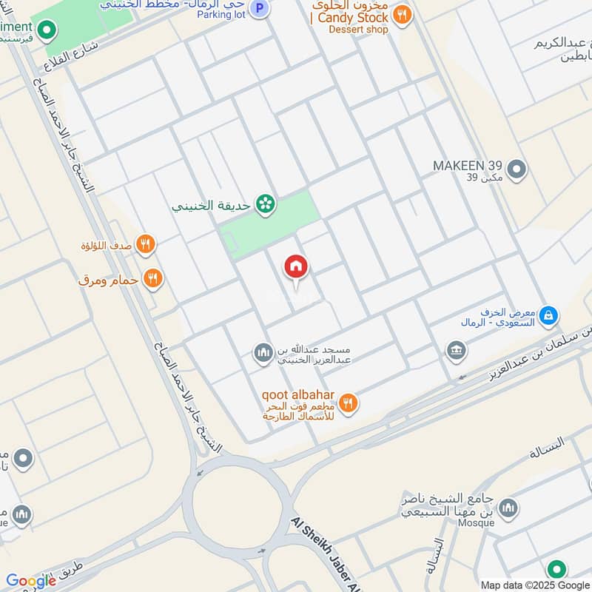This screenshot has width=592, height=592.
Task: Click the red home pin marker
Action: click(x=296, y=267)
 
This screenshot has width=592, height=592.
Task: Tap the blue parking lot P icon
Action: click(x=259, y=9)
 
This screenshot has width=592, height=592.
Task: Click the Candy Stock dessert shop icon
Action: click(x=402, y=16)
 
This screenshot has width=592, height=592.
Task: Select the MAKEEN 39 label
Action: click(x=468, y=164)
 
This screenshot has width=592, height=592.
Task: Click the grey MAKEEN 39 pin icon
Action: click(x=518, y=169)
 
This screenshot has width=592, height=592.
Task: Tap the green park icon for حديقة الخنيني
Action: click(x=265, y=205)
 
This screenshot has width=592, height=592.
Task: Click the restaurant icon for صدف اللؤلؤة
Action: click(x=146, y=243)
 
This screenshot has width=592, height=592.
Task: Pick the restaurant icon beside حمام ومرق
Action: click(x=154, y=279)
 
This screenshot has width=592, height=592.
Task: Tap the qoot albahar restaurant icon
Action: click(x=349, y=403)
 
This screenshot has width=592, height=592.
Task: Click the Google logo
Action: click(x=31, y=581)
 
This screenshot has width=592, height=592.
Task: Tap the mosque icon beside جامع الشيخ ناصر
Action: click(x=508, y=508)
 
